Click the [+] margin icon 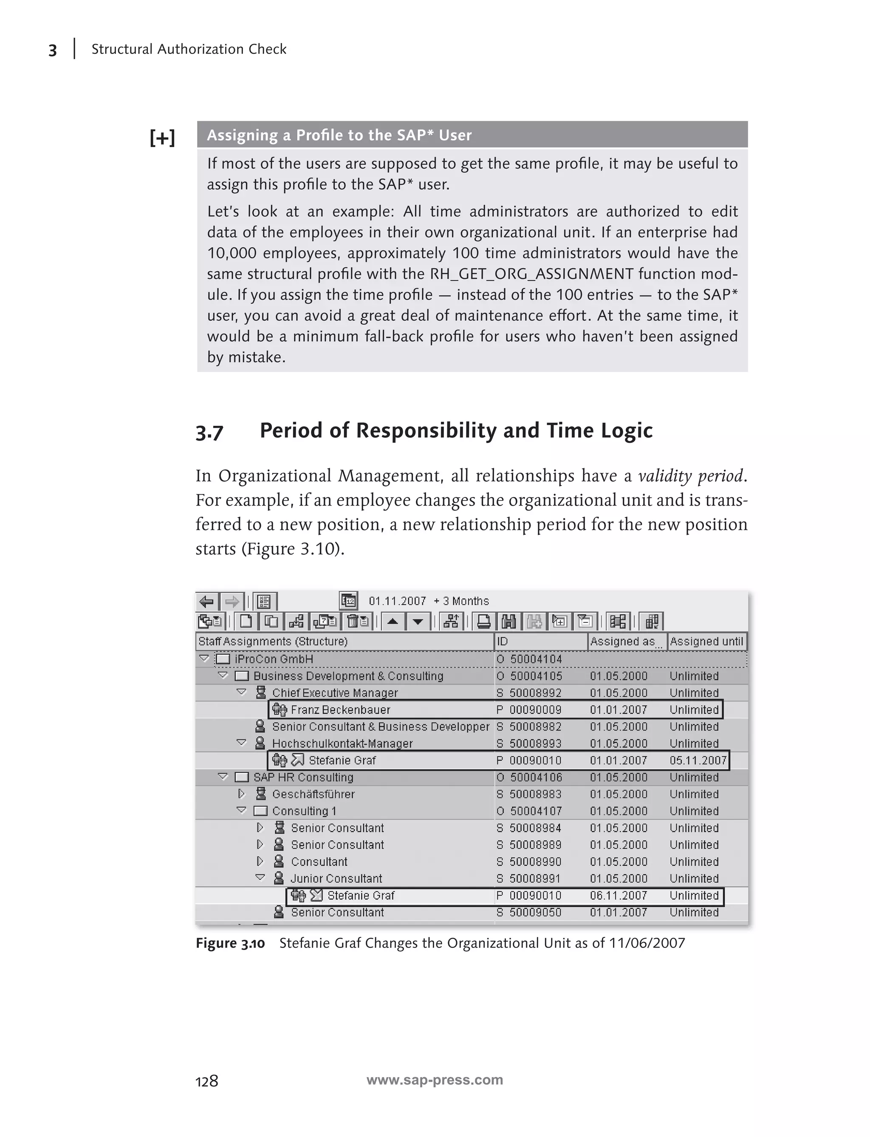pyautogui.click(x=162, y=138)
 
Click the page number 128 pyautogui.click(x=206, y=1081)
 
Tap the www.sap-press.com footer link pyautogui.click(x=435, y=1080)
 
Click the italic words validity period pyautogui.click(x=691, y=475)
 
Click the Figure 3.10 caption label pyautogui.click(x=230, y=943)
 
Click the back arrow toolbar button pyautogui.click(x=206, y=601)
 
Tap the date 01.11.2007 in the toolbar pyautogui.click(x=397, y=601)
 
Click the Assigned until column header pyautogui.click(x=706, y=641)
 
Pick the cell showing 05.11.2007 pyautogui.click(x=698, y=761)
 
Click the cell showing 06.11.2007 pyautogui.click(x=619, y=896)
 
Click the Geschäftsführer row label pyautogui.click(x=314, y=794)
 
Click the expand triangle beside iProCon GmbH pyautogui.click(x=204, y=659)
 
